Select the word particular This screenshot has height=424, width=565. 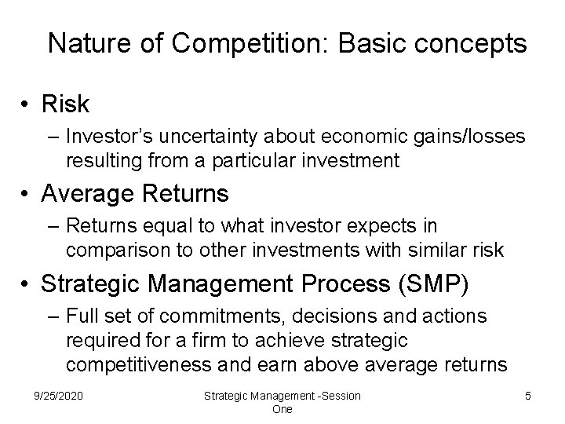click(x=273, y=161)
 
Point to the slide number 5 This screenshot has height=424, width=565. click(x=527, y=396)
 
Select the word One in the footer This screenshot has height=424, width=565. click(x=282, y=409)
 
